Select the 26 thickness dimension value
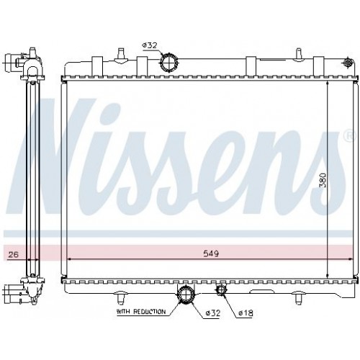pos(12,254)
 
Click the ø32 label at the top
pos(149,45)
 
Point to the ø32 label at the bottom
pos(212,312)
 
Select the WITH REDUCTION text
pos(140,312)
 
